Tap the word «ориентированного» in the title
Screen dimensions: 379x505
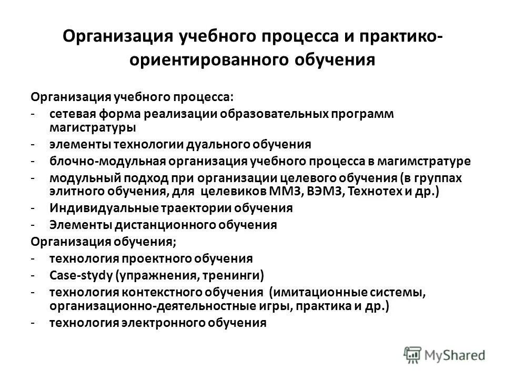(202, 60)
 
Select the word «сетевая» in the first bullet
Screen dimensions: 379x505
(69, 114)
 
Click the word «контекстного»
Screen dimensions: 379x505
(156, 292)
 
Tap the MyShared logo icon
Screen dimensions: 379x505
(413, 355)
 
